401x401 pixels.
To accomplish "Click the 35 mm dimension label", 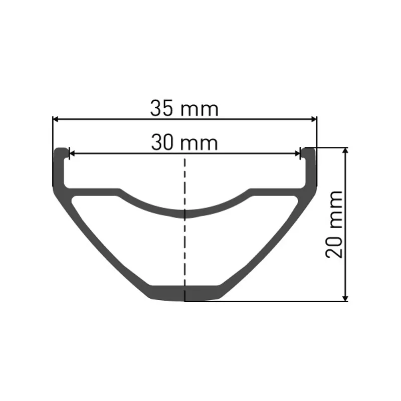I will [184, 109].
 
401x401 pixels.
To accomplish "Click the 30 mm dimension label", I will [184, 143].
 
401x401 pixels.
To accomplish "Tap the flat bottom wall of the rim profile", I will [185, 293].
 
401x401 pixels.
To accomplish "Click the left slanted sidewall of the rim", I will [100, 241].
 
